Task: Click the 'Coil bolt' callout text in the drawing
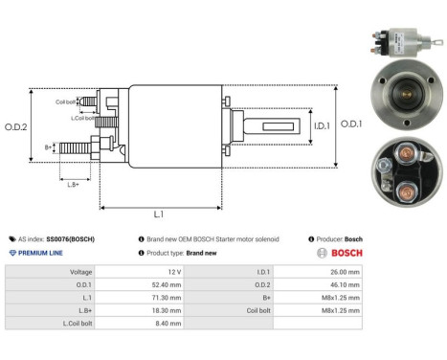65,101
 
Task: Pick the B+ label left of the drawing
49,146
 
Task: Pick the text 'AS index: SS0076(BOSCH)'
53,238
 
